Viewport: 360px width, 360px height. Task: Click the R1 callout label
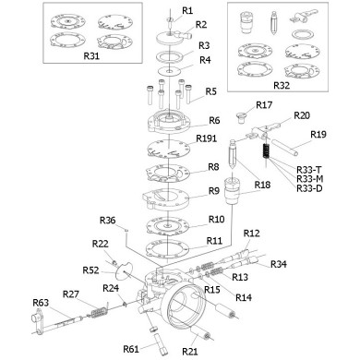pyautogui.click(x=187, y=9)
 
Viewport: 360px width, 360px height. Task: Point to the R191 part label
pyautogui.click(x=206, y=138)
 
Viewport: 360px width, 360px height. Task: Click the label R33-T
pyautogui.click(x=309, y=170)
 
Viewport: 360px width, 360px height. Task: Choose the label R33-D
pyautogui.click(x=309, y=188)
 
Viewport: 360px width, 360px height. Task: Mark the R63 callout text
pyautogui.click(x=41, y=302)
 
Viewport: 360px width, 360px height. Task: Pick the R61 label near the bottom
pyautogui.click(x=130, y=348)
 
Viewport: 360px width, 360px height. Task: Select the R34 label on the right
pyautogui.click(x=279, y=264)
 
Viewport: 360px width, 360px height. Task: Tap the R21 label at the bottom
pyautogui.click(x=189, y=352)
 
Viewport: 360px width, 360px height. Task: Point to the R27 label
pyautogui.click(x=70, y=294)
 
